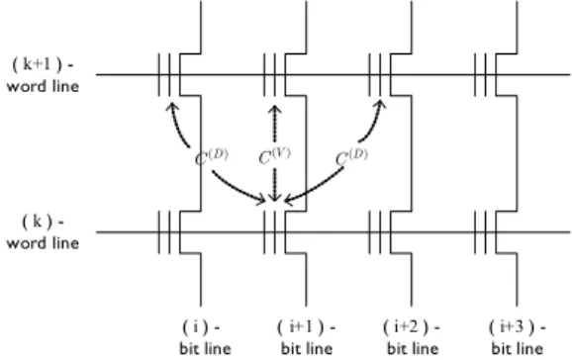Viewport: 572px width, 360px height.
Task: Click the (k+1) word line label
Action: click(x=43, y=75)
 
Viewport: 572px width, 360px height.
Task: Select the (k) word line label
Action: click(x=43, y=232)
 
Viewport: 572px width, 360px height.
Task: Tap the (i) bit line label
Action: click(x=205, y=337)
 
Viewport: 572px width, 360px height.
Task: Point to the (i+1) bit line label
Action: click(x=307, y=337)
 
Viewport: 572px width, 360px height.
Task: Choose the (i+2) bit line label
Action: click(x=413, y=337)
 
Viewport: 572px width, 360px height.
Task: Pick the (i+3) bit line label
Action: click(x=518, y=337)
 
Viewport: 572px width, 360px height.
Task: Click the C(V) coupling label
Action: click(x=274, y=155)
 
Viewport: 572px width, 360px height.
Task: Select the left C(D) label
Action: click(x=212, y=157)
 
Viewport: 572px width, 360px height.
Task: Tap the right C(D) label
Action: click(x=351, y=157)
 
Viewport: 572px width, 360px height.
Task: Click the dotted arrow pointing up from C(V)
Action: click(x=275, y=124)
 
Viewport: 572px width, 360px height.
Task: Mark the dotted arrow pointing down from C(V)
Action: click(x=275, y=185)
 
